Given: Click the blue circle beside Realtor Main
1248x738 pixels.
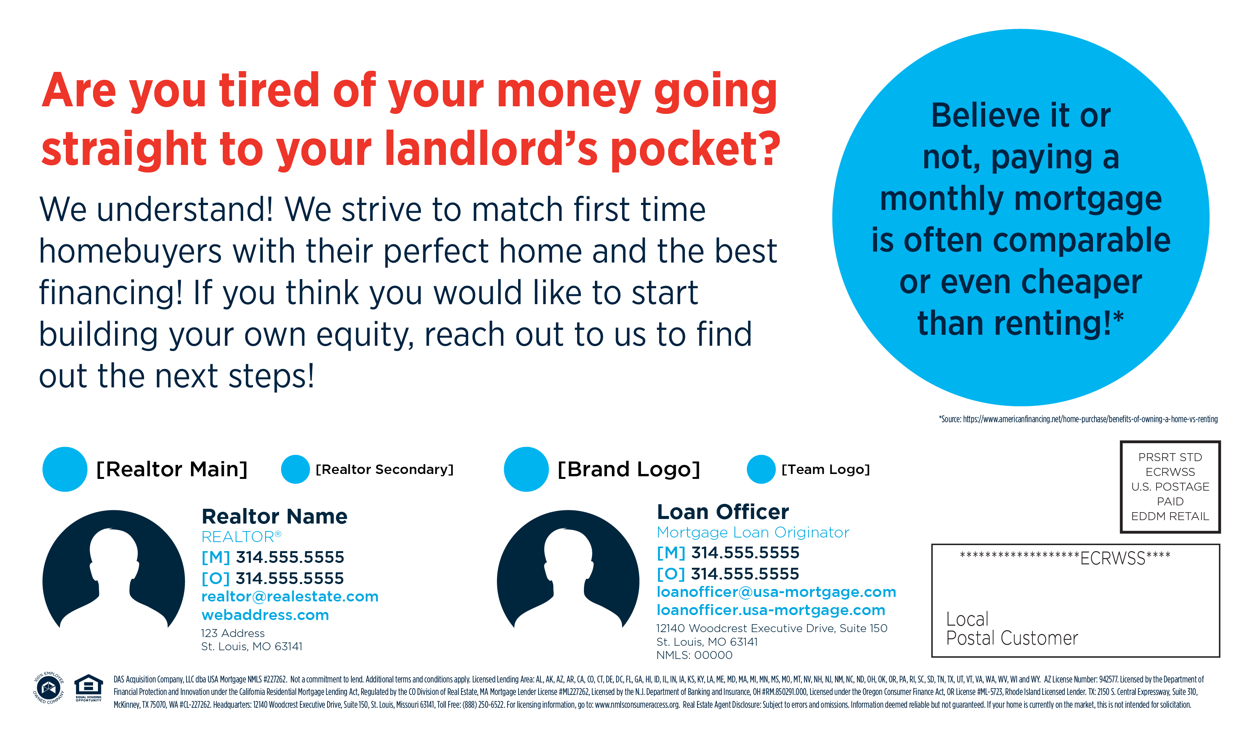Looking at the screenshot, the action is click(x=65, y=469).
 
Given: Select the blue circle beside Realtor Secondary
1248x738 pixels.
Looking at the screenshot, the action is click(x=295, y=469).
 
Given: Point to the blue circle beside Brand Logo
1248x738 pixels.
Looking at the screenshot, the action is click(x=526, y=469).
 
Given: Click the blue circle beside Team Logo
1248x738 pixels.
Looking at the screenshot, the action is click(x=761, y=469).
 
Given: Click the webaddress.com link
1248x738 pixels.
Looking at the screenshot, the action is click(x=265, y=615).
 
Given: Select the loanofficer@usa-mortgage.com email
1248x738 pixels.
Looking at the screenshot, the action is click(x=776, y=592).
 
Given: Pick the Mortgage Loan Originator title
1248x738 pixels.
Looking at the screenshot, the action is click(x=753, y=533).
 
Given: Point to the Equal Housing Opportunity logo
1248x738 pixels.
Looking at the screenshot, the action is click(x=88, y=688).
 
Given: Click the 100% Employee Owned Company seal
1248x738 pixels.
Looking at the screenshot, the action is click(x=49, y=688).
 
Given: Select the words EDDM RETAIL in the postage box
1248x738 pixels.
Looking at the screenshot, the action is click(x=1170, y=516).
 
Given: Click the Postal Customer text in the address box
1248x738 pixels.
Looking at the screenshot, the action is click(x=1012, y=638).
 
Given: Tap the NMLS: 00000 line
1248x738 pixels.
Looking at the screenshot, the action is click(x=694, y=655).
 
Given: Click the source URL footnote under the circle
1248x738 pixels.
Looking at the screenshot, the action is click(x=1078, y=419).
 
